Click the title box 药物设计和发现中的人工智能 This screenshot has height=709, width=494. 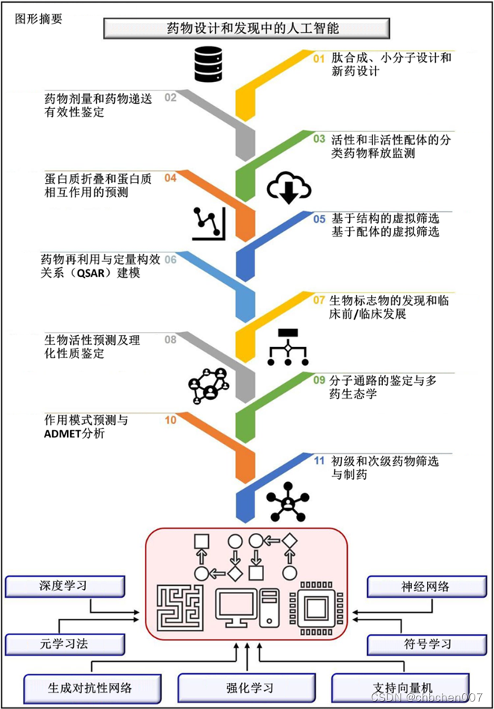click(x=246, y=29)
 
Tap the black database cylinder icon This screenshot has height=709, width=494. click(x=208, y=63)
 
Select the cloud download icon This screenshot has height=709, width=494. click(x=288, y=187)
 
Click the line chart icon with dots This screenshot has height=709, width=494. click(x=208, y=222)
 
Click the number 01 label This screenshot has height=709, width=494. click(x=319, y=57)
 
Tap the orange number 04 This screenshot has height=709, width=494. click(x=170, y=178)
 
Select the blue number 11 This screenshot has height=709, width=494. click(x=319, y=460)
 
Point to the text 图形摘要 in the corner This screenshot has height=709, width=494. click(x=39, y=19)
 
